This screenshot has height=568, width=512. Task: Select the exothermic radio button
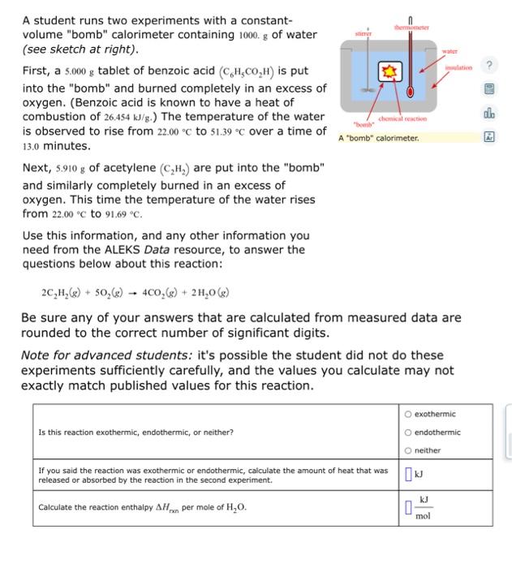point(408,415)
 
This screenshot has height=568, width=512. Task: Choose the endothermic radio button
point(408,432)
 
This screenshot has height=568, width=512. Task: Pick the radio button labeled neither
point(408,450)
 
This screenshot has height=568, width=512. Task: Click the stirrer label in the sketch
point(364,34)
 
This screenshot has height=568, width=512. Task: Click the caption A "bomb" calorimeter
point(379,138)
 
